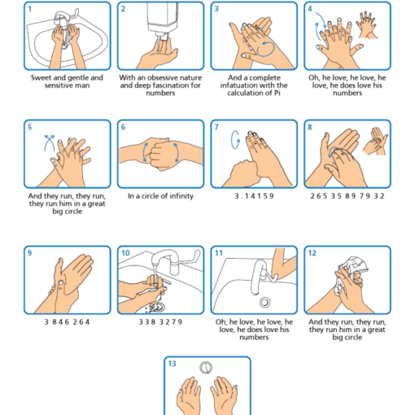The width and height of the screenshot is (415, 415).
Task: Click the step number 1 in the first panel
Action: [x=30, y=9]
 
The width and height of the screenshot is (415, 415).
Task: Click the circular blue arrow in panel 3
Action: [x=266, y=49]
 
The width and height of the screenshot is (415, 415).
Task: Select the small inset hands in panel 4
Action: [x=367, y=25]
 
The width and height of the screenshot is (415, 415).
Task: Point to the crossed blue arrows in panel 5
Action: [x=49, y=143]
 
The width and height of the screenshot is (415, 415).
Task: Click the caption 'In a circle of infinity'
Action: [x=160, y=196]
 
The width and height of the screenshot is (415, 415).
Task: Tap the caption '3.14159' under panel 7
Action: [x=254, y=196]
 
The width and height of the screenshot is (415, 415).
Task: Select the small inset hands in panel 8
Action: [x=375, y=141]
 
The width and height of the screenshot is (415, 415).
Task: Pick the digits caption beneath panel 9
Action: [x=67, y=322]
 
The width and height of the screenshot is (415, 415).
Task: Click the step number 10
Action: [x=125, y=253]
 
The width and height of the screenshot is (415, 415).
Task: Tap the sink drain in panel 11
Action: [x=264, y=302]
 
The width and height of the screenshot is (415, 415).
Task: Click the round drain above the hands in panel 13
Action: [x=206, y=368]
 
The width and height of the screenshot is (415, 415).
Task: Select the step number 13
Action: [x=172, y=364]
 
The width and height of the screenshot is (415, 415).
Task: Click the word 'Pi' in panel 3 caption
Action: [x=277, y=93]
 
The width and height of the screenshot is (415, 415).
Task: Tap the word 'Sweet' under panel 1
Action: [x=41, y=78]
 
